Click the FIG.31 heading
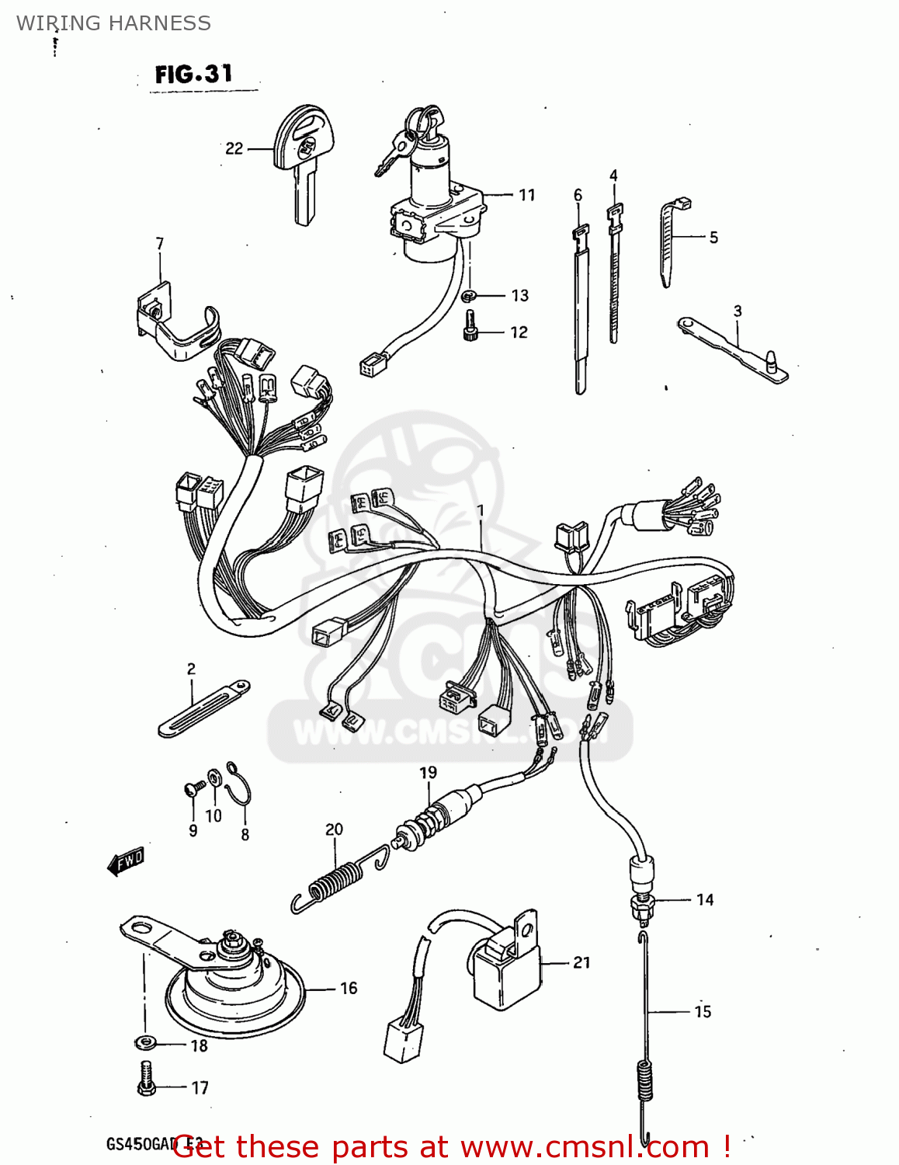(194, 75)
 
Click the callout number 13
(519, 296)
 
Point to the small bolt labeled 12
(470, 325)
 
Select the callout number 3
(737, 311)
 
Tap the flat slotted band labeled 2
(203, 708)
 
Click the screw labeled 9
(193, 790)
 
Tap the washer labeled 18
(144, 1042)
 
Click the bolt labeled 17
(146, 1080)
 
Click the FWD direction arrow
(125, 861)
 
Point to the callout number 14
(704, 900)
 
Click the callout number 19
(429, 773)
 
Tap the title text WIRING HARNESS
(113, 23)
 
